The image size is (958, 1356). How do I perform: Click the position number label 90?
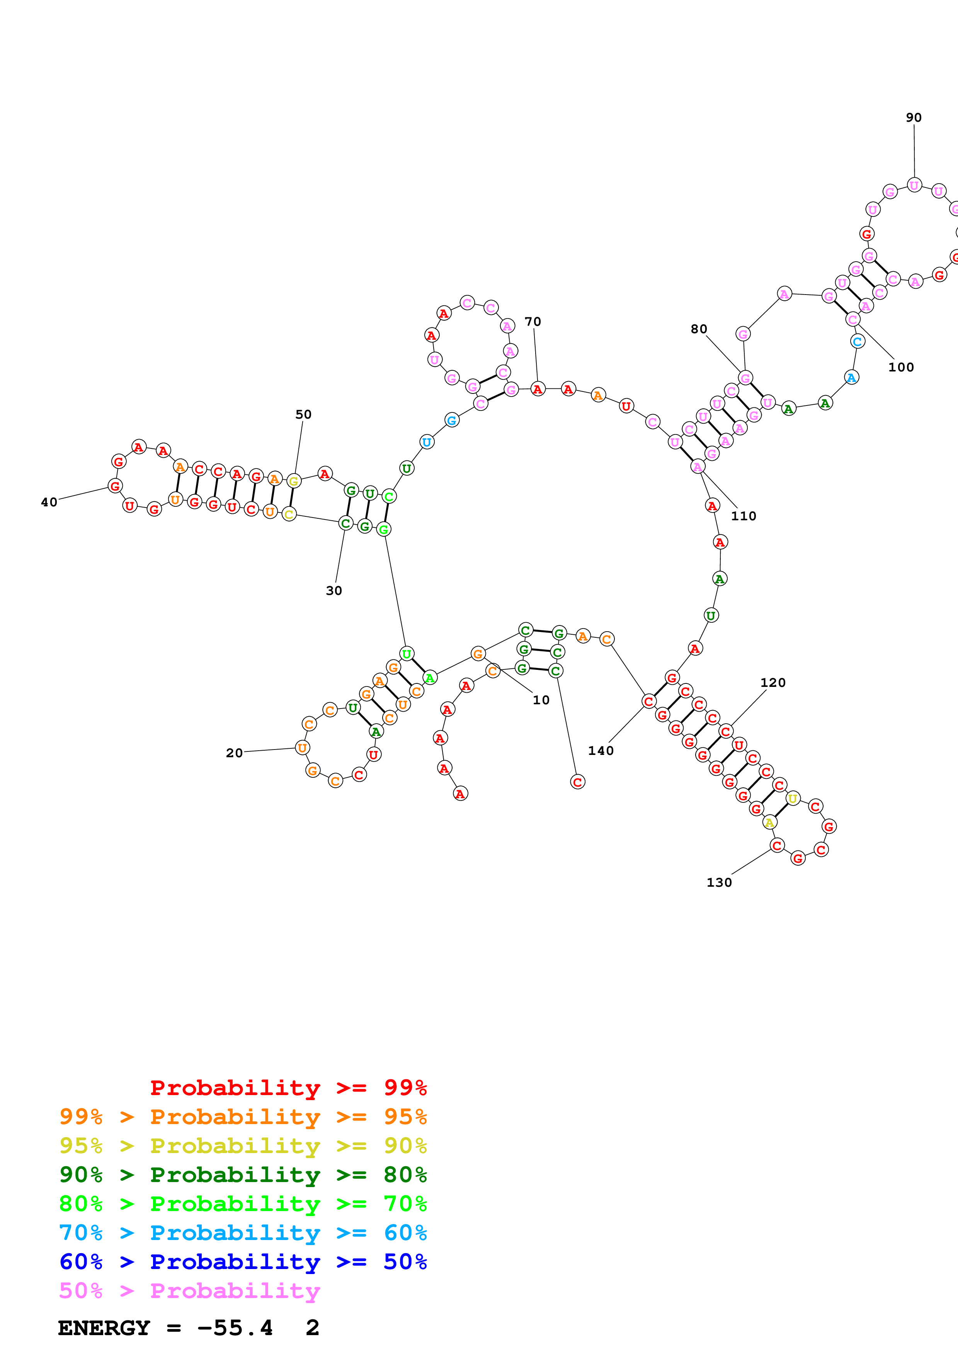coord(913,118)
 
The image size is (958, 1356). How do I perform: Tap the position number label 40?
coord(49,502)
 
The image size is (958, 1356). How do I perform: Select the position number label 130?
coord(719,882)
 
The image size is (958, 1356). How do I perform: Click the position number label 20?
coord(234,753)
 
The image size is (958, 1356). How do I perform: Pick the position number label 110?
coord(743,516)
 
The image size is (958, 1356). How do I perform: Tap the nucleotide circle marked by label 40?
coord(115,486)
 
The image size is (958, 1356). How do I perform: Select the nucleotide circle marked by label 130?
coord(777,846)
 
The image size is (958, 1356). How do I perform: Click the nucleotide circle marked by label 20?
coord(302,748)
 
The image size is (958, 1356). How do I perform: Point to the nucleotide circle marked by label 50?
coord(293,481)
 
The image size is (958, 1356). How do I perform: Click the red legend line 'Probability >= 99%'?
coord(288,1088)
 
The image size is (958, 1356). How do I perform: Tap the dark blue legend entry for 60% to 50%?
coord(243,1262)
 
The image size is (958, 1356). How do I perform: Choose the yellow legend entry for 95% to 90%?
coord(243,1146)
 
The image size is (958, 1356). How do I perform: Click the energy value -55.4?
coord(235,1328)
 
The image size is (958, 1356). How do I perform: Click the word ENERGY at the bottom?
coord(104,1328)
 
